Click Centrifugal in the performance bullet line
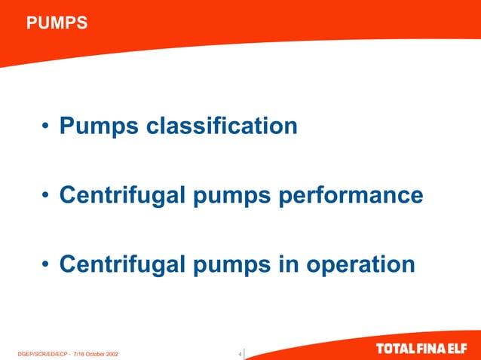pos(121,196)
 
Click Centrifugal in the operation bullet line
pos(121,265)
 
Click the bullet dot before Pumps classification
pos(47,127)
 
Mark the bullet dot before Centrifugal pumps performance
pos(47,197)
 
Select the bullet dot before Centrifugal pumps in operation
pos(47,266)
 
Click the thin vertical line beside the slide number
pos(245,352)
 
